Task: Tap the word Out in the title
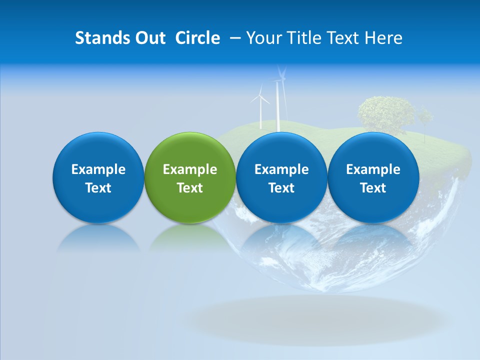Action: tap(149, 38)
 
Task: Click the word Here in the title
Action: tap(383, 38)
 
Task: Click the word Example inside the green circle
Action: tap(190, 169)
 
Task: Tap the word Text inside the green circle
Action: tap(190, 188)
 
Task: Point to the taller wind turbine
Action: tap(278, 100)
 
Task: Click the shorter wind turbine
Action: tap(260, 107)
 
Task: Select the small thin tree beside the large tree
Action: tap(425, 120)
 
